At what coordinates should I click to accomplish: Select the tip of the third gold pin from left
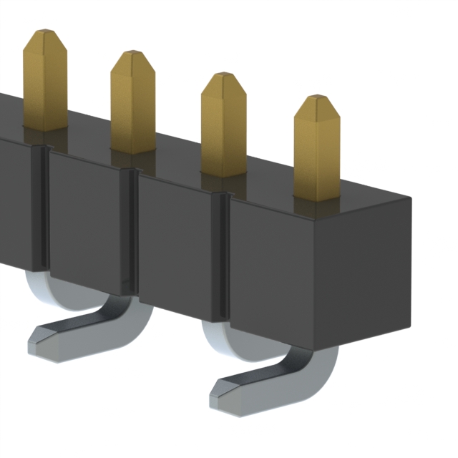[x=223, y=77]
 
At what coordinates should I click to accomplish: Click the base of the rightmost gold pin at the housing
[x=317, y=195]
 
